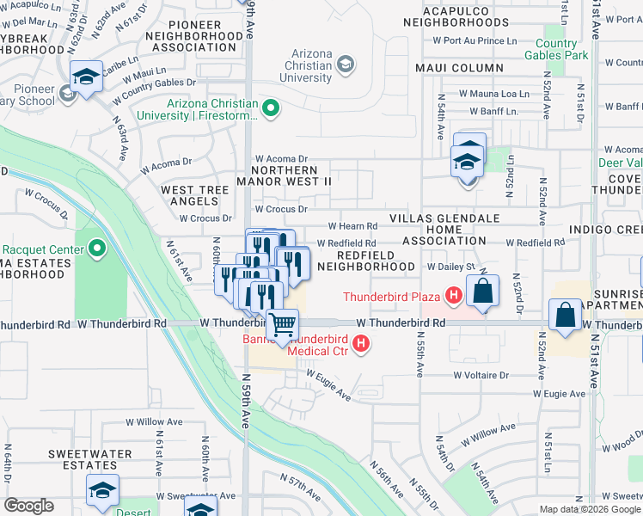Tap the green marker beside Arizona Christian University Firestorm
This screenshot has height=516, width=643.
click(271, 108)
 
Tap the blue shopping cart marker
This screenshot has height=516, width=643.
click(282, 326)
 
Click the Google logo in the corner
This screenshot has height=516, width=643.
click(29, 506)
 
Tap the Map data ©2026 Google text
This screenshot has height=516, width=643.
click(589, 509)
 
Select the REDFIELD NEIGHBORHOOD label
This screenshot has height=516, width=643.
click(365, 261)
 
